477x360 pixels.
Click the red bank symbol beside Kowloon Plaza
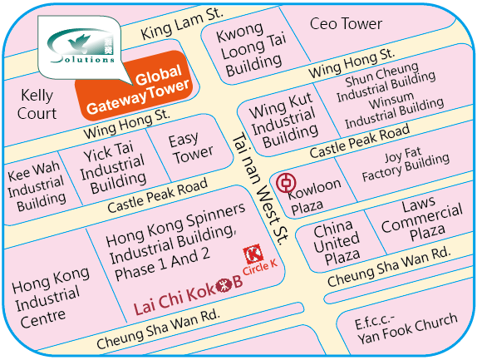click(286, 182)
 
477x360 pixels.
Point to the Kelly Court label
click(37, 105)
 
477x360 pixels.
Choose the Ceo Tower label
click(346, 24)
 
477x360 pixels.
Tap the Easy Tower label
click(191, 149)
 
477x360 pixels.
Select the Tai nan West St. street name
click(260, 190)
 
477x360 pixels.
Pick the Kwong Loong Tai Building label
click(251, 50)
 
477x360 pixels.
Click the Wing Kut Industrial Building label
click(283, 121)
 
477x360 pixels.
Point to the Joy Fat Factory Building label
click(406, 165)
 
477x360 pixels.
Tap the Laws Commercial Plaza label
click(422, 219)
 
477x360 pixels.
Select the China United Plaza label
click(337, 243)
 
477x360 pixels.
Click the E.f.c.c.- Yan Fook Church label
click(406, 328)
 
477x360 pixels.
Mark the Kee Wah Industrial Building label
click(37, 186)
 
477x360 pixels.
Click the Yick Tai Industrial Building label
click(113, 168)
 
